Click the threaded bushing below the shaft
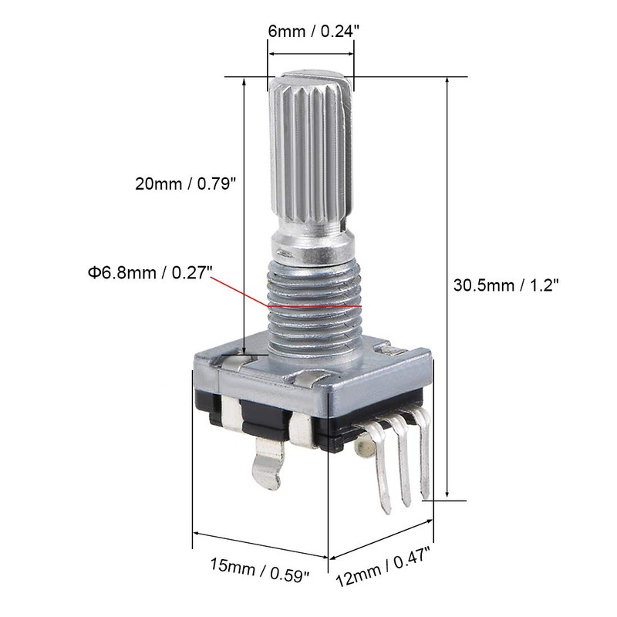312,308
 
